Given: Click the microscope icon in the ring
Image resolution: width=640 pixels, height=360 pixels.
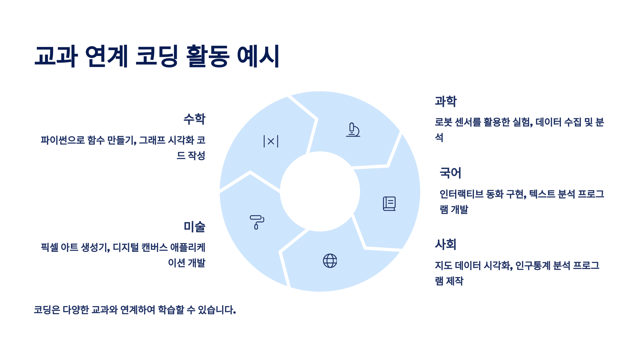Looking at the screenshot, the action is (x=353, y=130).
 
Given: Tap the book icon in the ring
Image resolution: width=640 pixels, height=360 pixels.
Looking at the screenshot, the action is (x=389, y=204).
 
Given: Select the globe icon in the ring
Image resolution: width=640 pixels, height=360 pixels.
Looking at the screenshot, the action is (x=330, y=261).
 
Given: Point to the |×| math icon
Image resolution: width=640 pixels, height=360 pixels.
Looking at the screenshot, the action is (x=271, y=141).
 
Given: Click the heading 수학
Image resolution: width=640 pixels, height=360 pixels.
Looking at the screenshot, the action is (x=194, y=119).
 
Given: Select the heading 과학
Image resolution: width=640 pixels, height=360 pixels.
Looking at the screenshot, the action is (x=446, y=101).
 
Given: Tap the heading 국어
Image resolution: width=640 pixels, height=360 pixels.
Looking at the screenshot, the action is (x=450, y=173).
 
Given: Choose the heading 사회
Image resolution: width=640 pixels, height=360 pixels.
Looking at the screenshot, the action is (x=446, y=244).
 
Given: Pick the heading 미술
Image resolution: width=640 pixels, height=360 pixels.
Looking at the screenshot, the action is (x=194, y=227).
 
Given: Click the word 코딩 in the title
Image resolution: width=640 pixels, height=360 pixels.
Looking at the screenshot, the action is (x=157, y=56).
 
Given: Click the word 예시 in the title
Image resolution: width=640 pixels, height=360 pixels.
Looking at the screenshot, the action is (x=258, y=56).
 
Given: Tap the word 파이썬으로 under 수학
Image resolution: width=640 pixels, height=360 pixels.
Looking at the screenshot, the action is (x=63, y=140).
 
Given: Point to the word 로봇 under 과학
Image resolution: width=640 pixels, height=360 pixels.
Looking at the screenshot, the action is (x=443, y=122).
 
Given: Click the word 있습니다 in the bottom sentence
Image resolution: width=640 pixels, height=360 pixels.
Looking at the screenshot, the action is (x=217, y=310).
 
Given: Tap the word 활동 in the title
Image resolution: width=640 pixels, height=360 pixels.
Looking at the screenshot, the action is (x=207, y=56).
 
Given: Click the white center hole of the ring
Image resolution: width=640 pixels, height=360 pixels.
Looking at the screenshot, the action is (x=320, y=191).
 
